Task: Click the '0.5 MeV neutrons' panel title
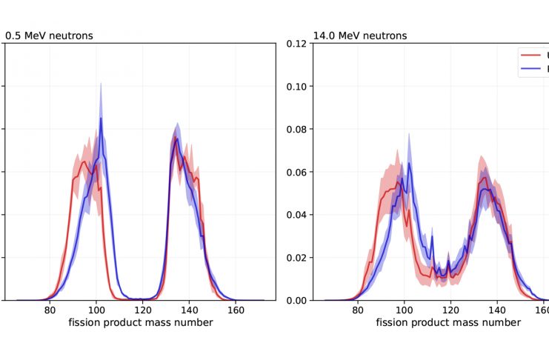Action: click(49, 36)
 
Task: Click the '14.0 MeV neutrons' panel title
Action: click(359, 36)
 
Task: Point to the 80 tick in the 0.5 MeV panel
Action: click(50, 311)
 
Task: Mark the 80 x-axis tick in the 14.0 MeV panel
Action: click(357, 311)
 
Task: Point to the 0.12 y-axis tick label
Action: click(296, 43)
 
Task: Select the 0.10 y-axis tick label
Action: click(296, 86)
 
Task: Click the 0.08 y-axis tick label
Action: click(296, 129)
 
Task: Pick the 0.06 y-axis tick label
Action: click(296, 172)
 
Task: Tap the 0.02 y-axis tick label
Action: click(296, 258)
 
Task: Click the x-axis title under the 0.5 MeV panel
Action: click(141, 323)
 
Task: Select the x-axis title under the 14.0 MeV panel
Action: click(448, 323)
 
